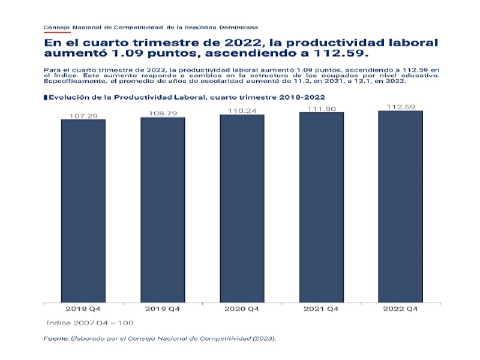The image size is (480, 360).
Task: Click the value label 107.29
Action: click(83, 115)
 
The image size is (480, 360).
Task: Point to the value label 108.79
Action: click(163, 112)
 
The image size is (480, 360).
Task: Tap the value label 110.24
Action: click(242, 110)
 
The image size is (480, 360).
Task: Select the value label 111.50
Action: click(321, 109)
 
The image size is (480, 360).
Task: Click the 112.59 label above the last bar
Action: click(400, 107)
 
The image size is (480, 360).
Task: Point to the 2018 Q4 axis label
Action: click(83, 309)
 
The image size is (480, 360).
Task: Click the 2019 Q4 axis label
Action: click(163, 309)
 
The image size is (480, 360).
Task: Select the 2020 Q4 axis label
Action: click(242, 309)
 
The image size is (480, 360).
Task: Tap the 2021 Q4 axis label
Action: click(321, 309)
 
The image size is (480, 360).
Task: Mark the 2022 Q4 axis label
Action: click(400, 309)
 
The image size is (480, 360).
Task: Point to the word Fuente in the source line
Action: click(56, 339)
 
